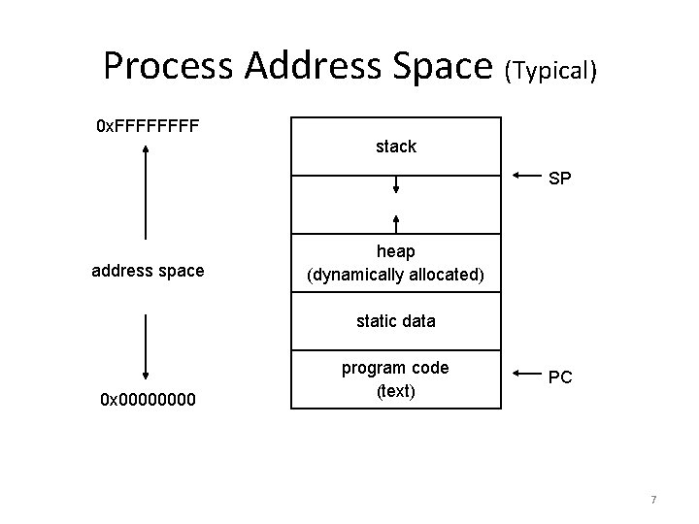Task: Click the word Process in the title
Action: pos(169,66)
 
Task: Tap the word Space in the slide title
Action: pos(442,66)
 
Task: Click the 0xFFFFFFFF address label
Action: pos(147,127)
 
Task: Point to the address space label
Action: pos(148,271)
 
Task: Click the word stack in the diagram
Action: pos(396,147)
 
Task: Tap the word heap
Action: pos(396,251)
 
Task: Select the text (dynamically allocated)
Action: pos(396,275)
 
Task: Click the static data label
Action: pos(396,320)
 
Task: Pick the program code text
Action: pos(396,368)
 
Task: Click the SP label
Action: pos(560,180)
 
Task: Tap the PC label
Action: pos(560,377)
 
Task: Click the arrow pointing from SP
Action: pos(525,177)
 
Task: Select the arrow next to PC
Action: pos(525,374)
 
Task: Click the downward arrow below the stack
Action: pos(396,185)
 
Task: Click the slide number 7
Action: pos(653,500)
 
